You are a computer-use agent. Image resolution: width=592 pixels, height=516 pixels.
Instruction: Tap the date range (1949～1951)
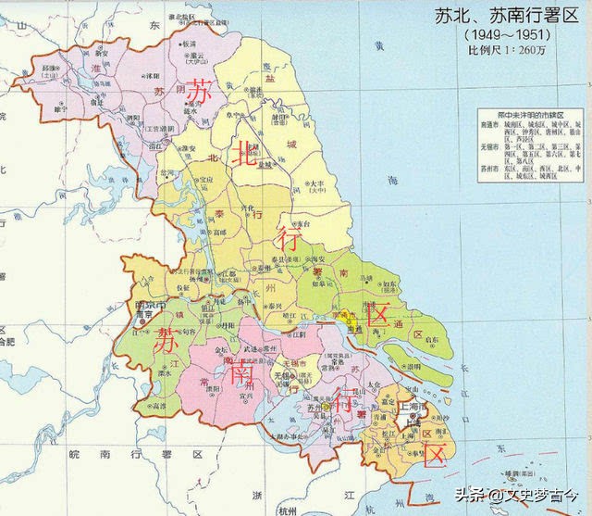(x=502, y=34)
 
